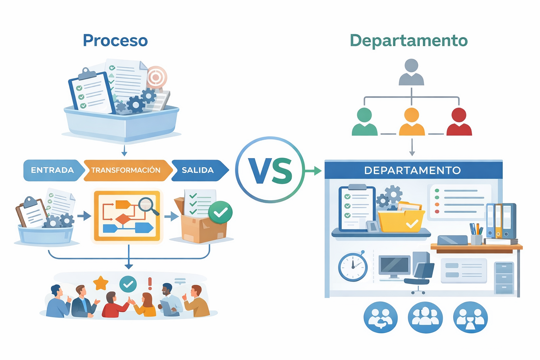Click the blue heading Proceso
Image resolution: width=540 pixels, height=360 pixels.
tap(115, 40)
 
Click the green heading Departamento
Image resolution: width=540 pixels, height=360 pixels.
tap(409, 40)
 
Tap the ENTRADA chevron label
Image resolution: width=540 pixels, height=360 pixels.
tap(52, 170)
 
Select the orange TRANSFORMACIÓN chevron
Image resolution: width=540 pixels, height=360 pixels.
tap(126, 170)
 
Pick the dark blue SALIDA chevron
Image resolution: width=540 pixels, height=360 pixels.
tap(198, 170)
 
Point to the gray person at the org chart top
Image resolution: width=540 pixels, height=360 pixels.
tap(411, 72)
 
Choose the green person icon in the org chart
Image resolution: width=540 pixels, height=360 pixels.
tap(365, 122)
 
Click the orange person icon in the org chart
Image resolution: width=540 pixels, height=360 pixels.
tap(412, 122)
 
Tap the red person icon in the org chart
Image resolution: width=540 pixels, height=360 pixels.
tap(459, 122)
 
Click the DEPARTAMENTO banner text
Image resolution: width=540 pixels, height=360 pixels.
tap(412, 171)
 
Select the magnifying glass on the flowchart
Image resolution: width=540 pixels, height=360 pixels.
tap(147, 204)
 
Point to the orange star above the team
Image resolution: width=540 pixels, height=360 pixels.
tap(101, 283)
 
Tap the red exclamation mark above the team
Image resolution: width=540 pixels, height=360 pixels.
tap(150, 283)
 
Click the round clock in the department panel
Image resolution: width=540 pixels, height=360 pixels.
tap(353, 266)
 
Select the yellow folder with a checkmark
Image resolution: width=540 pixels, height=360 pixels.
tap(401, 220)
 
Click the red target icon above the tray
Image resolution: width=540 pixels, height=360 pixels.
tap(156, 77)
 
